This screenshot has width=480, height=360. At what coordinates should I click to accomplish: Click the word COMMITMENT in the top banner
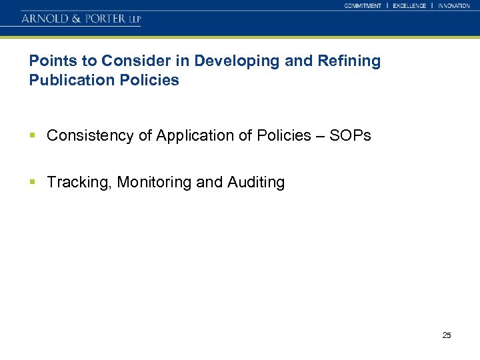363,5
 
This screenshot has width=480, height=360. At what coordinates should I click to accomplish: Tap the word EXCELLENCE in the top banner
409,5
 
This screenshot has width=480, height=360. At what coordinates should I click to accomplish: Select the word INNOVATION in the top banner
454,5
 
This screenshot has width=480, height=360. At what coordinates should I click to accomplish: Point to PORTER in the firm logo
103,19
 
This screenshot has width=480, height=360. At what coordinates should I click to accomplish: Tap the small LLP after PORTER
135,19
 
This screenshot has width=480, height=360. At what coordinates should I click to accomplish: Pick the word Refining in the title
350,61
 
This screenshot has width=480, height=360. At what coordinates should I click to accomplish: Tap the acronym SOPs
351,136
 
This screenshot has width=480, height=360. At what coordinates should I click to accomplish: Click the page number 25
447,335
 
